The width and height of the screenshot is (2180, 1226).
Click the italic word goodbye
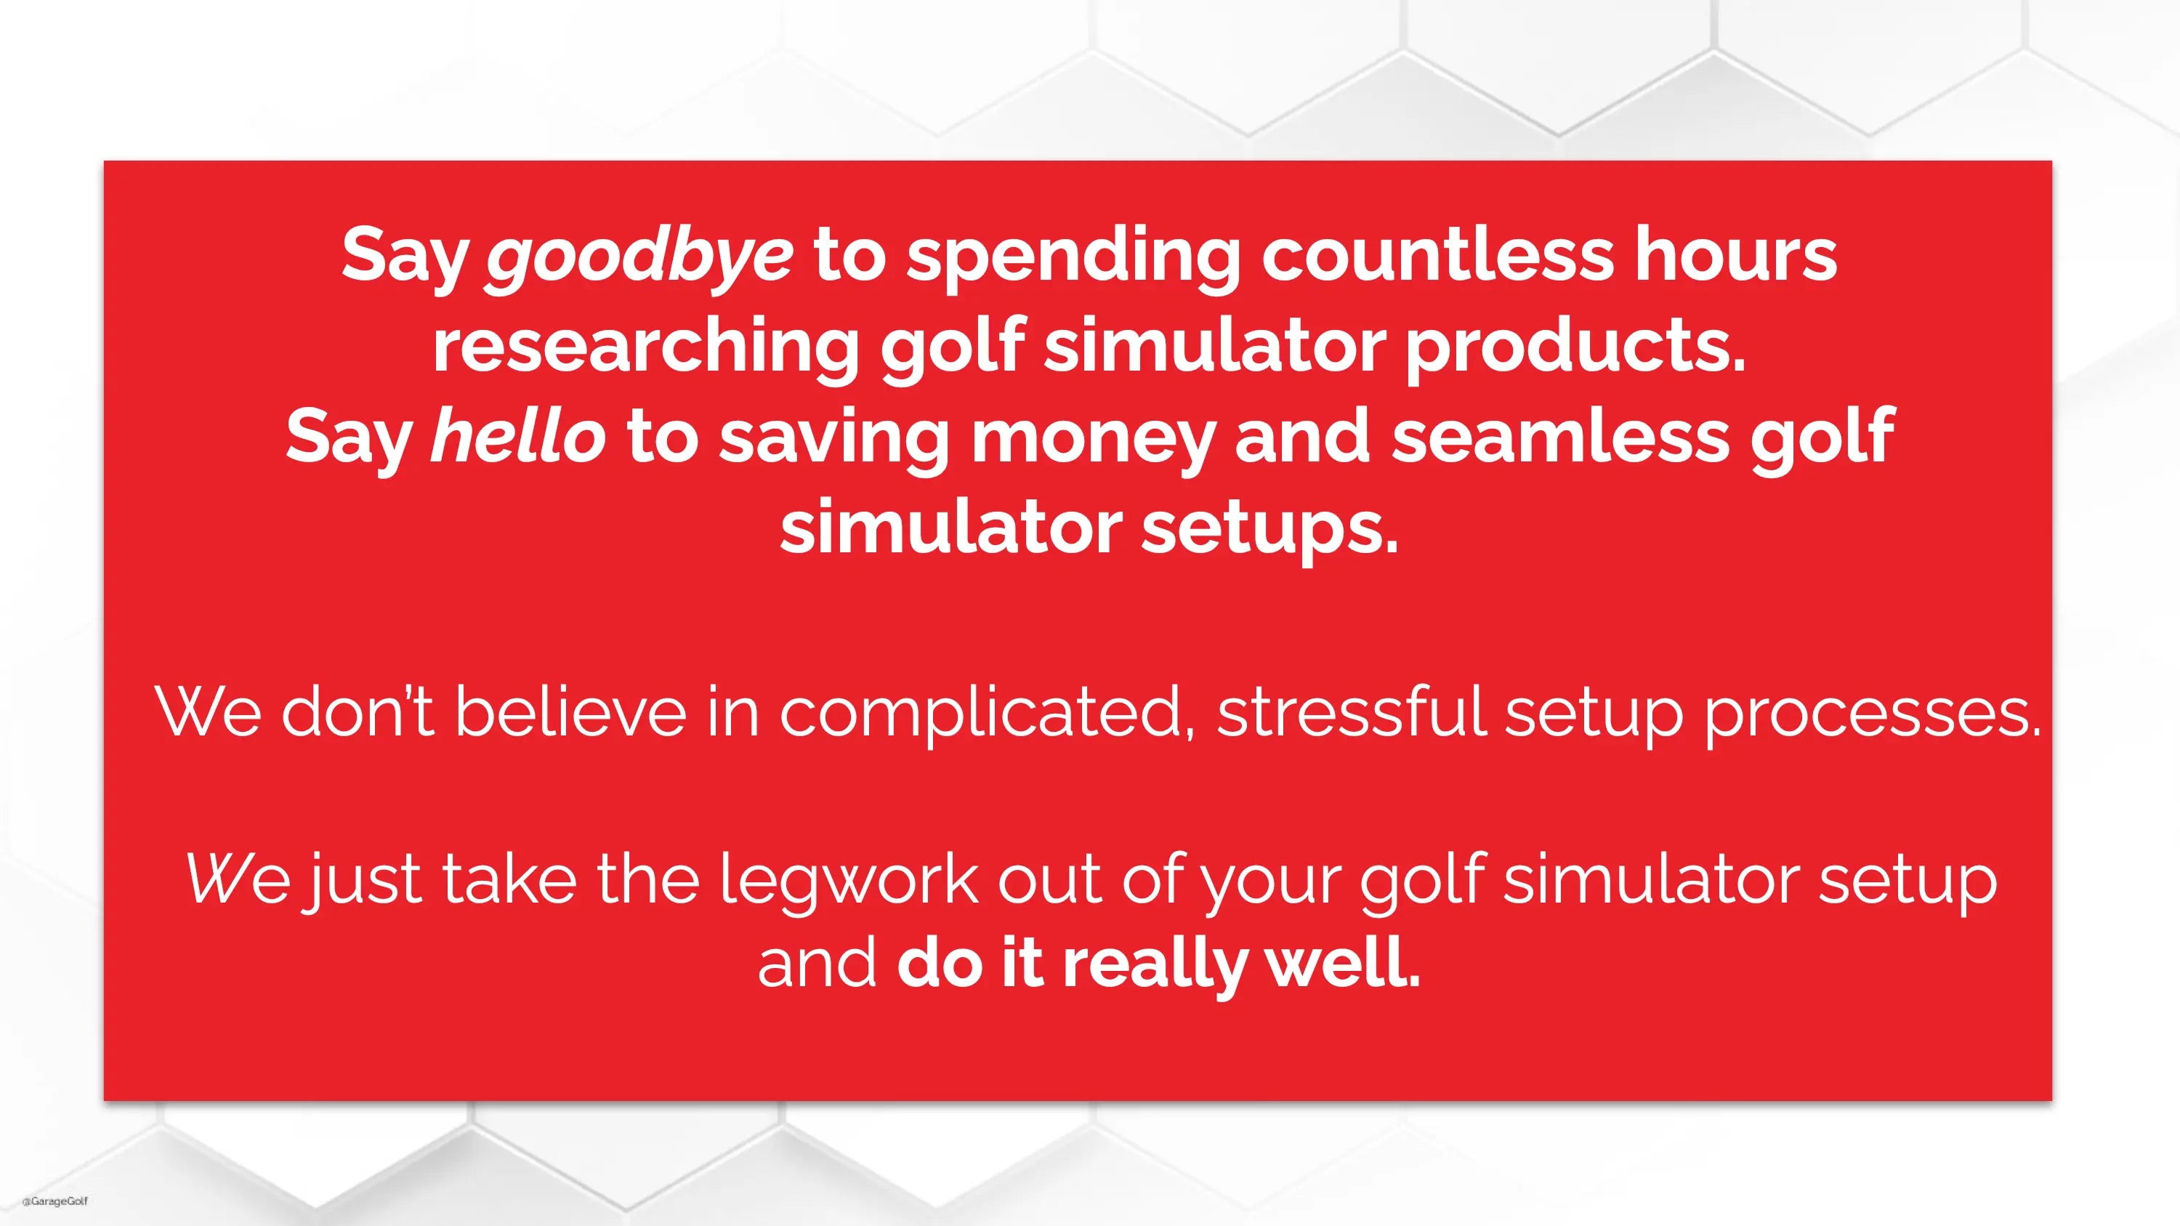click(639, 257)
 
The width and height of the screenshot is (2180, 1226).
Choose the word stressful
click(1352, 711)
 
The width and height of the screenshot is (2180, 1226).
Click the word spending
click(1073, 257)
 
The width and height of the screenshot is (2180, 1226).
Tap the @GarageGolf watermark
click(55, 1201)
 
